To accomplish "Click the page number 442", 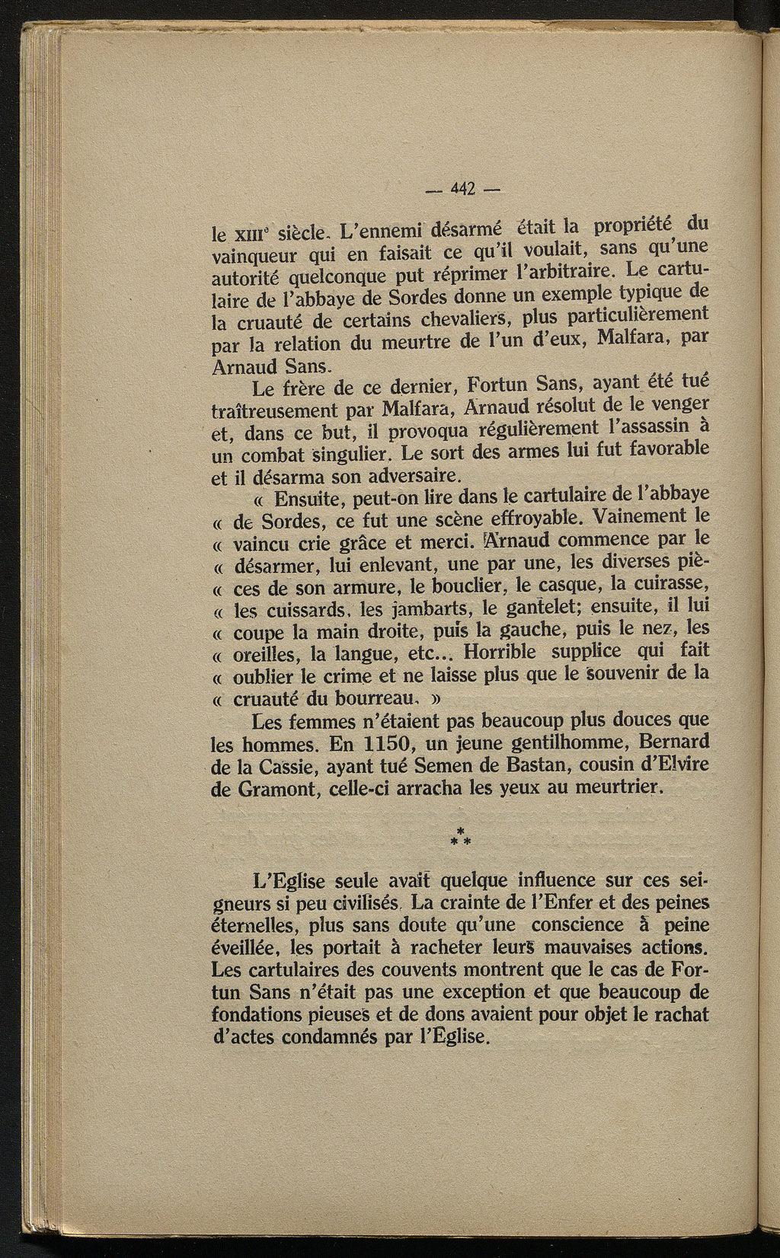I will (463, 188).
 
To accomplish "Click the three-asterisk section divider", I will (462, 836).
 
